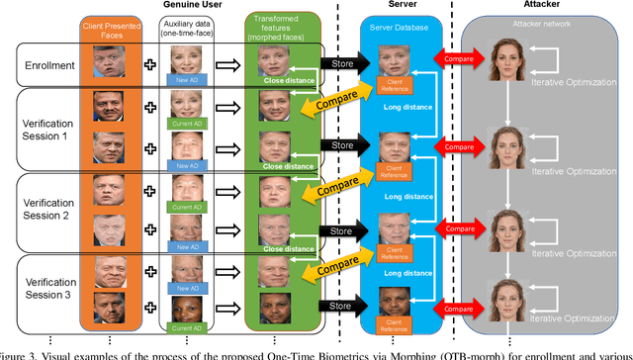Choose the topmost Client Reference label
pos(394,82)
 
